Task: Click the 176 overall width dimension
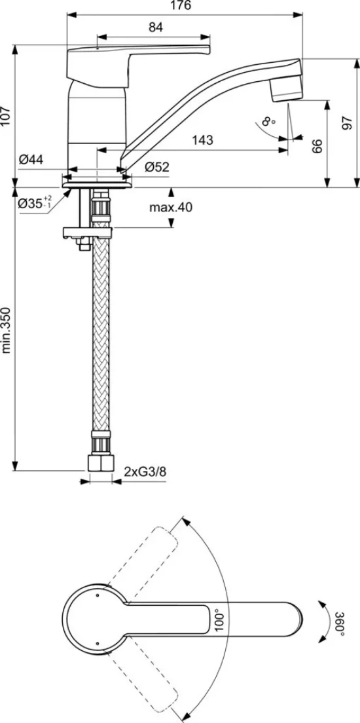[181, 5]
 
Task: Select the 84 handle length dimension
[156, 28]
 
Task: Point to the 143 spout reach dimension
[203, 139]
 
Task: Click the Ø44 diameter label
[31, 160]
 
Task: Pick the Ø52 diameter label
[156, 167]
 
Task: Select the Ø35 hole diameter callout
[35, 202]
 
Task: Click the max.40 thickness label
[171, 208]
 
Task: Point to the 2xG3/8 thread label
[144, 472]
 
